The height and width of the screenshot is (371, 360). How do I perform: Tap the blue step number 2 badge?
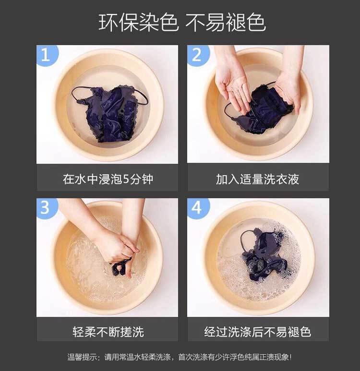[198, 55]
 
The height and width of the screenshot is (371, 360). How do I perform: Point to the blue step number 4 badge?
[198, 208]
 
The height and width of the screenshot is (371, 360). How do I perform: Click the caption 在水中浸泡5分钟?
[108, 179]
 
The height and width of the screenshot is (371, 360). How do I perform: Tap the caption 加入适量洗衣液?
[257, 179]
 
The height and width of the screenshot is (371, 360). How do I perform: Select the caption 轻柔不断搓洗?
[108, 332]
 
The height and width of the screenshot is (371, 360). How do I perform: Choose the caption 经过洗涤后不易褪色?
[257, 332]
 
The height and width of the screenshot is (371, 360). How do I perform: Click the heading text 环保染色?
[138, 22]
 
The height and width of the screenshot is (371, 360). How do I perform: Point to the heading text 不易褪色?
[226, 22]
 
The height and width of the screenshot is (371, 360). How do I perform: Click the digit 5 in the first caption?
[126, 180]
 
